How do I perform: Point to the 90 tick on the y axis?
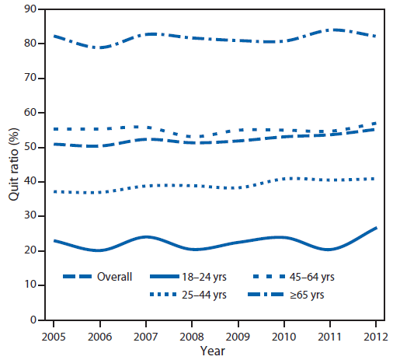[33, 9]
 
